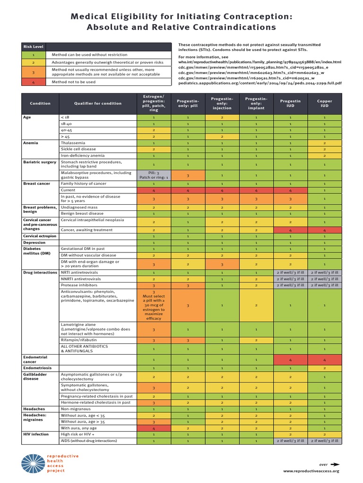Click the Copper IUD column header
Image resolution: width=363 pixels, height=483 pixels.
tap(324, 103)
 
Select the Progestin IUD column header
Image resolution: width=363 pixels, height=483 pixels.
tap(290, 103)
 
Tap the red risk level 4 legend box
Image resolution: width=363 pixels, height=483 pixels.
tap(33, 82)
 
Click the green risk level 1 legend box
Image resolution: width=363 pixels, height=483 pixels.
tap(33, 55)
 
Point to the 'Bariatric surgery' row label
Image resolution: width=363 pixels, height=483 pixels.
tap(40, 162)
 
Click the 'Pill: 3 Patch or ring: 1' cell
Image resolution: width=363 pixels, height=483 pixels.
tap(153, 175)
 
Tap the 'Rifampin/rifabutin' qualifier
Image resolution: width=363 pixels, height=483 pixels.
tap(78, 340)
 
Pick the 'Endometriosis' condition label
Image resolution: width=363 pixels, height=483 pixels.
tap(38, 367)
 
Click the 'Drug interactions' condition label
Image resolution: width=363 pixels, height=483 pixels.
tap(40, 273)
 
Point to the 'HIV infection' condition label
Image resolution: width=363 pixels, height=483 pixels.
tap(35, 434)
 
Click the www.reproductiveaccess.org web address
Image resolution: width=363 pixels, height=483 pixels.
tap(311, 471)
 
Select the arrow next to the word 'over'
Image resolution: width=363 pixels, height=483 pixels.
tap(335, 464)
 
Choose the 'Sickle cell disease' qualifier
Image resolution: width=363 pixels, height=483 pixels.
tap(78, 149)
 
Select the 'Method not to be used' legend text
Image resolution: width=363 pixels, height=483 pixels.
tap(74, 82)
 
